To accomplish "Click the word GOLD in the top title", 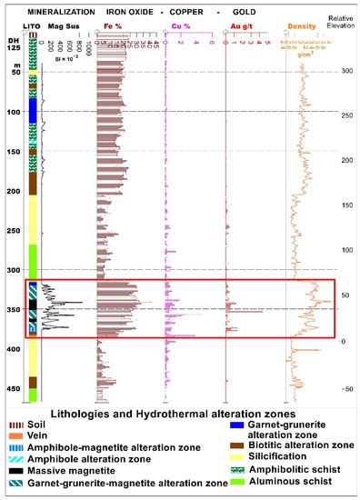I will click(x=270, y=11).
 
